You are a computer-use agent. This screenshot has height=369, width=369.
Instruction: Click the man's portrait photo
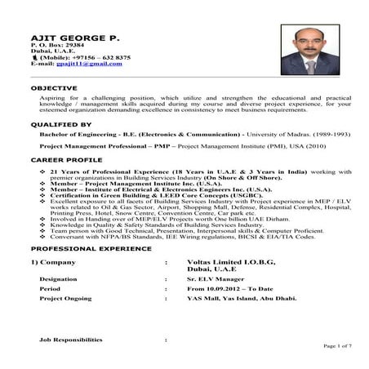click(309, 50)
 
